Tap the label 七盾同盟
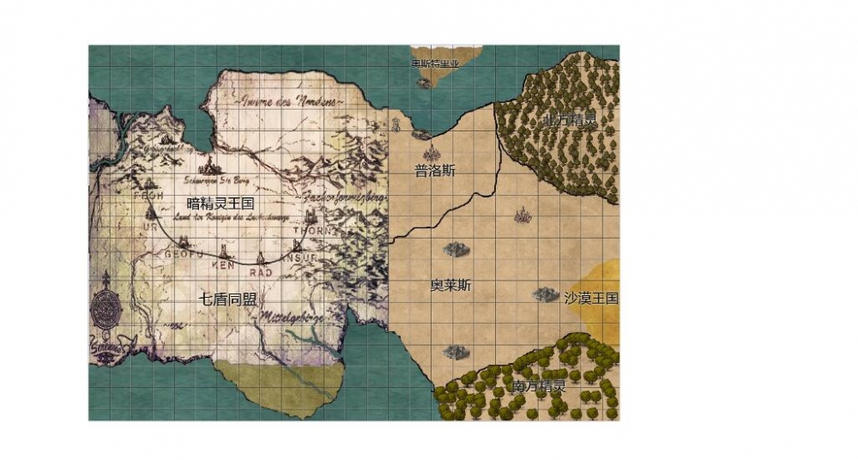[x=228, y=299]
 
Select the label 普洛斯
[x=435, y=171]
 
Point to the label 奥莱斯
[x=450, y=285]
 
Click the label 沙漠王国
[x=591, y=298]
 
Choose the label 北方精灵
[x=571, y=120]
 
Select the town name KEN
[x=222, y=265]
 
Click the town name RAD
[x=260, y=271]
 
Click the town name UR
[x=151, y=227]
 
